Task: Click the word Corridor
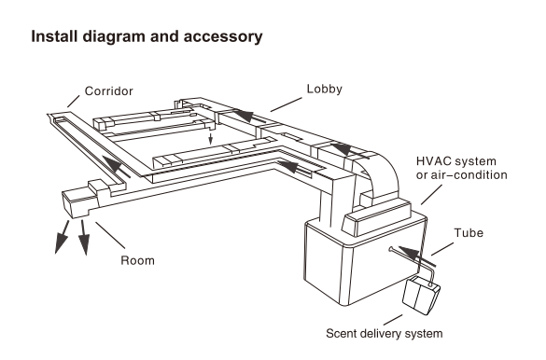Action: [108, 91]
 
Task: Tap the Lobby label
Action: [324, 89]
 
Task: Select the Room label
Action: [137, 260]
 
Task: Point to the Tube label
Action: [469, 233]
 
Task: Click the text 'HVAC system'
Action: [456, 161]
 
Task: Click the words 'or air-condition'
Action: [462, 175]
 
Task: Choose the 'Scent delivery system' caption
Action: [385, 333]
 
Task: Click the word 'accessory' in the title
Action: [223, 36]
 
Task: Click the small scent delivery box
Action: [421, 293]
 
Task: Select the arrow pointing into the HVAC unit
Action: [417, 256]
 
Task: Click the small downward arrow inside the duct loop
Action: [210, 138]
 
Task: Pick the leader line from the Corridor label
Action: [74, 102]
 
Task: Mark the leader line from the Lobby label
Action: [286, 104]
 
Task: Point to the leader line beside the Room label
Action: [110, 235]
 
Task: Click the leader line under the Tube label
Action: [442, 249]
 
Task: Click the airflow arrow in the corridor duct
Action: [117, 167]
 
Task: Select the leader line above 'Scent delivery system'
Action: [393, 320]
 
